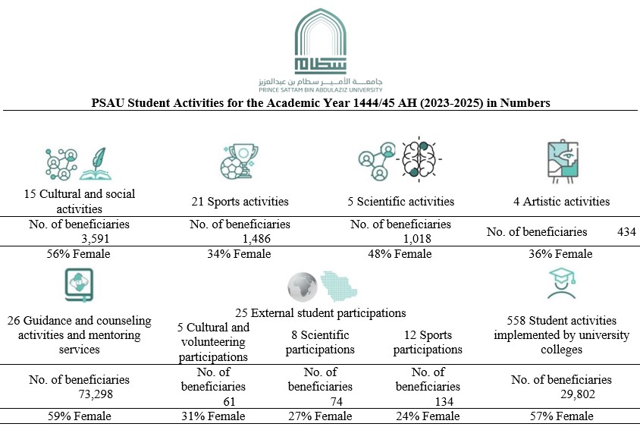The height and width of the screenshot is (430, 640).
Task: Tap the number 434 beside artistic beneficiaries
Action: (x=626, y=231)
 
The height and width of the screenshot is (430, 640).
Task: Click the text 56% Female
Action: (x=78, y=254)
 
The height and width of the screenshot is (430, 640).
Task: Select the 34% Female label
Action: (x=240, y=254)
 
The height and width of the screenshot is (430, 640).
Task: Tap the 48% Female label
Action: (x=400, y=254)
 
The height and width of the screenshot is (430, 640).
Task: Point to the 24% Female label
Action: (x=428, y=416)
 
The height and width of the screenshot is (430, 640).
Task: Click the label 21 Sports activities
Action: (x=240, y=202)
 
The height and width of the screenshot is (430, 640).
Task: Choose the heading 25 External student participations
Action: (x=320, y=312)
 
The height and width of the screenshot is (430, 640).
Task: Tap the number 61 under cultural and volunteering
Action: (x=229, y=401)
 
